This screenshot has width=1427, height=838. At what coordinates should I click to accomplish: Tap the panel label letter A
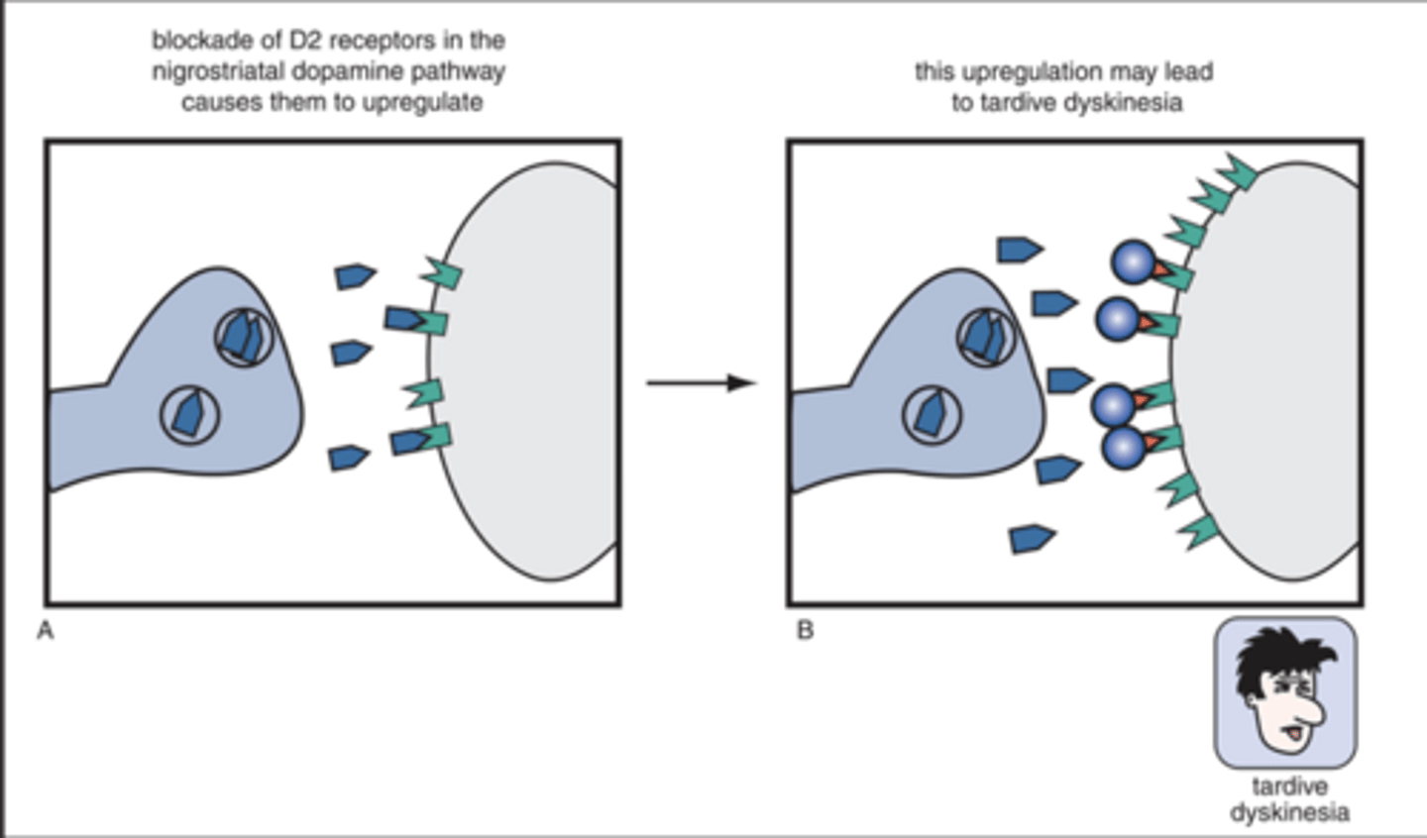click(x=45, y=631)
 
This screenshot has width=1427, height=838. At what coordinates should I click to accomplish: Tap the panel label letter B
click(x=805, y=631)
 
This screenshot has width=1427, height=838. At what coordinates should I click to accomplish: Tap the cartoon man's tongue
click(x=1290, y=733)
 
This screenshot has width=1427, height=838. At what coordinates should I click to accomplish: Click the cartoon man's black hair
click(x=1278, y=659)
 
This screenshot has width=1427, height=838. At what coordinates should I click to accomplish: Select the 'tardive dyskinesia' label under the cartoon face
click(x=1288, y=799)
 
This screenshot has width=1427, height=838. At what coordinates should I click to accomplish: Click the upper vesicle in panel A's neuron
click(x=244, y=337)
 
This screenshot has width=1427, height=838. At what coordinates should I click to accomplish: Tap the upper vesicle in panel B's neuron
click(x=985, y=335)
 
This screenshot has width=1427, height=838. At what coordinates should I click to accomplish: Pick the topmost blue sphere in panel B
click(x=1134, y=262)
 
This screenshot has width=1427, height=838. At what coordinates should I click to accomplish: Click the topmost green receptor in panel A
click(x=441, y=272)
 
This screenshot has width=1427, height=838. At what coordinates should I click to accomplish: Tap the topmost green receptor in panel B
click(x=1237, y=171)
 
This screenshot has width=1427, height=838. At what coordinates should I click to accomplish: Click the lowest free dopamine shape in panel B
click(x=1032, y=538)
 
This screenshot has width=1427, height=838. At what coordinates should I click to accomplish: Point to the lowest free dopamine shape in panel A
click(x=349, y=457)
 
